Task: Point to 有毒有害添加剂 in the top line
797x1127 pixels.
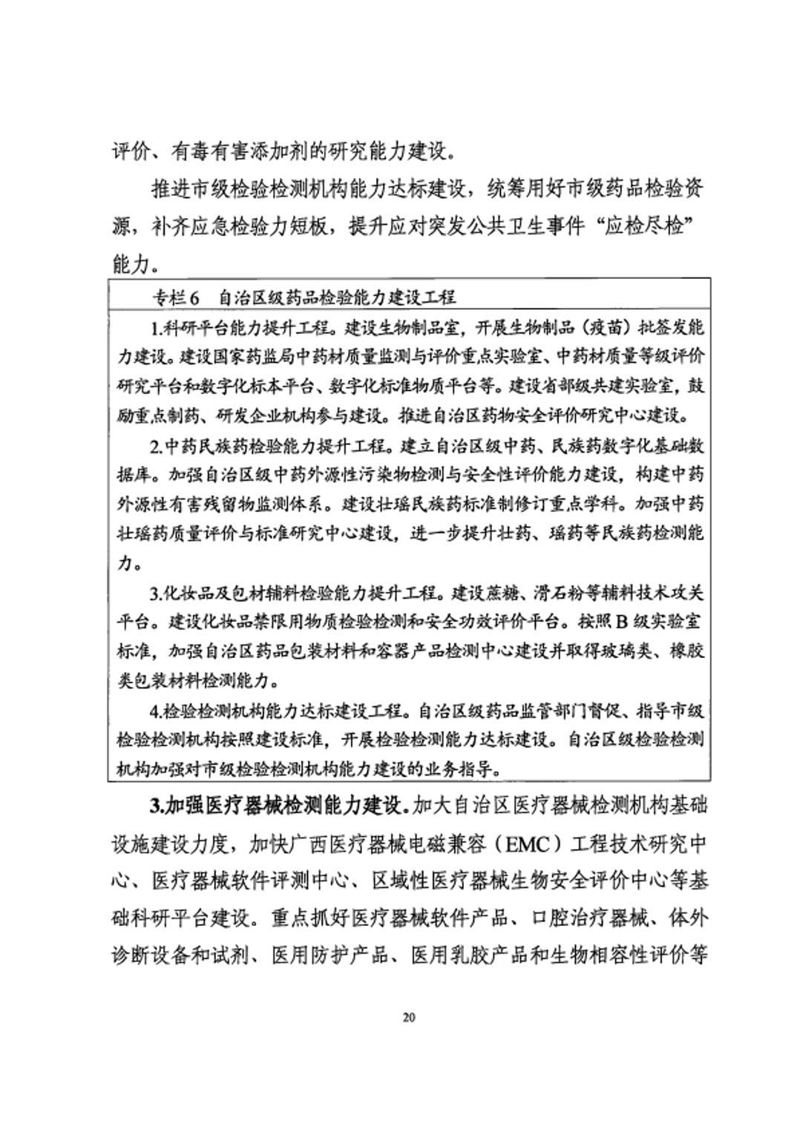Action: point(240,151)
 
